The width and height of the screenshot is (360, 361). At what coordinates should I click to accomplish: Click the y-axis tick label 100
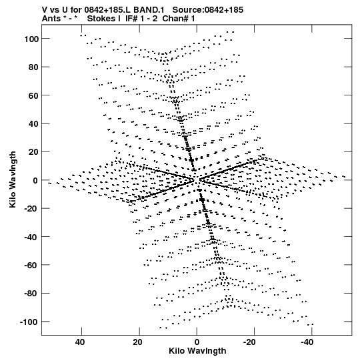[31, 39]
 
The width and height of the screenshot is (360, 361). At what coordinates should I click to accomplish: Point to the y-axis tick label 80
[33, 67]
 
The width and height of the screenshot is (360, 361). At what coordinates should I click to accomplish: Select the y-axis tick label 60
[33, 95]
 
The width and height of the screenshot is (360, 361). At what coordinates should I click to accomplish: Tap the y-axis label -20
[31, 209]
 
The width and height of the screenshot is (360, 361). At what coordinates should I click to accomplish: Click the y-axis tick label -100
[29, 322]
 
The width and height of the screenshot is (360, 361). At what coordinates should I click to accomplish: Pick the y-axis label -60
[31, 266]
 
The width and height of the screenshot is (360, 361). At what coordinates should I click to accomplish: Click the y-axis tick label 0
[35, 180]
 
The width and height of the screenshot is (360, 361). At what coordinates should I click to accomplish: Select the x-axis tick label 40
[80, 342]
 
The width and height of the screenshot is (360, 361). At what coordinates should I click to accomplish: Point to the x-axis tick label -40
[307, 342]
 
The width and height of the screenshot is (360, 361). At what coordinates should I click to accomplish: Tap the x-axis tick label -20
[249, 342]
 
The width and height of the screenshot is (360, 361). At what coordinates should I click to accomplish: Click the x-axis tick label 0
[197, 342]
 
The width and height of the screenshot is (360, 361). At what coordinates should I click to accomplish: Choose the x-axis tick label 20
[137, 342]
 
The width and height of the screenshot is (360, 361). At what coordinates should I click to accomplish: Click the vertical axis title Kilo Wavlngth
[13, 179]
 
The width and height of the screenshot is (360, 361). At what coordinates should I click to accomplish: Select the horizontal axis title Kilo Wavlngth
[197, 351]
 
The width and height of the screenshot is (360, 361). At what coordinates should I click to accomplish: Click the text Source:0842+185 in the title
[208, 10]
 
